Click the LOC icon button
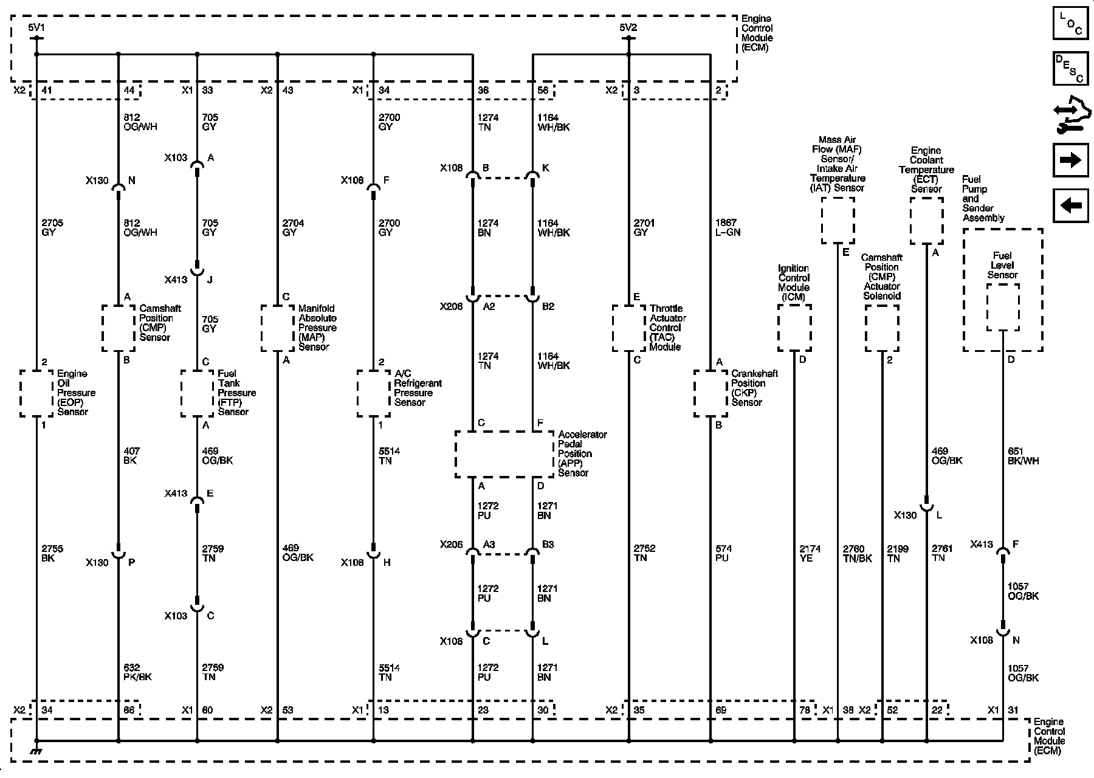click(x=1070, y=24)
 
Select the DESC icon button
click(x=1070, y=69)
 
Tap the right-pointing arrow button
click(x=1070, y=160)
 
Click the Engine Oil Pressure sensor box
click(x=36, y=393)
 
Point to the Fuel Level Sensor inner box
click(x=1003, y=307)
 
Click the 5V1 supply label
click(x=36, y=27)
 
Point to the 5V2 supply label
click(x=628, y=27)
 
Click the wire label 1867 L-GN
click(x=728, y=228)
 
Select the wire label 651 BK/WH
click(x=1023, y=456)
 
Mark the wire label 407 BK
click(x=131, y=456)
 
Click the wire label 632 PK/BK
click(x=137, y=672)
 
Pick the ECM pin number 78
click(x=805, y=710)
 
